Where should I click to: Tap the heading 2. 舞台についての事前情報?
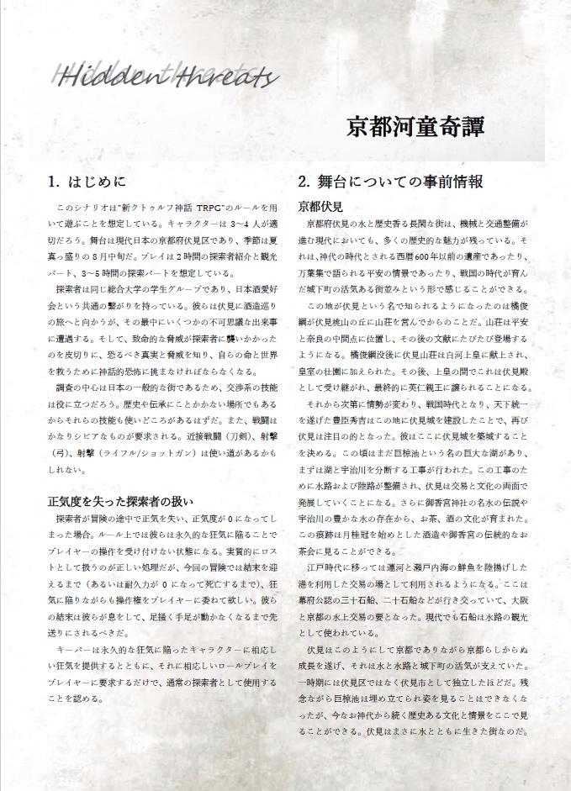(x=401, y=181)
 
